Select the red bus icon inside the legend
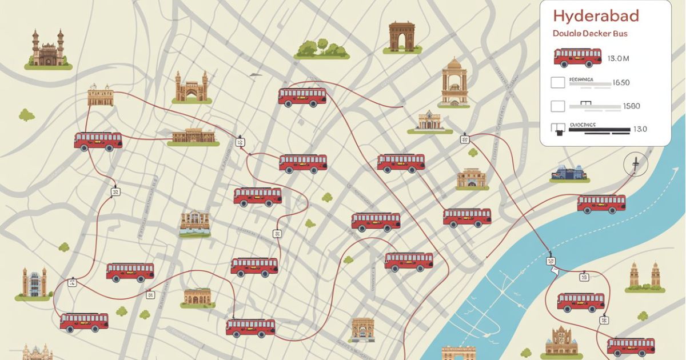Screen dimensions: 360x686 pyautogui.click(x=577, y=57)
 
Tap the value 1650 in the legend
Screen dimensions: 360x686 pyautogui.click(x=621, y=83)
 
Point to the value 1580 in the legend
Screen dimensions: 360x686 pyautogui.click(x=631, y=106)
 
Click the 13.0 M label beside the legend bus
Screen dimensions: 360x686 pyautogui.click(x=618, y=58)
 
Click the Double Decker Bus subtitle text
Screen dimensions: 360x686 pyautogui.click(x=590, y=34)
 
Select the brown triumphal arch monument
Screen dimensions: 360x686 pyautogui.click(x=401, y=37)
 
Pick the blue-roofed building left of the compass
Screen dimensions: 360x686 pyautogui.click(x=569, y=173)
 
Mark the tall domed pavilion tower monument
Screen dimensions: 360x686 pyautogui.click(x=454, y=82)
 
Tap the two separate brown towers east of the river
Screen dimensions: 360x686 pyautogui.click(x=644, y=277)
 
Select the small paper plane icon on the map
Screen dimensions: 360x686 pyautogui.click(x=256, y=74)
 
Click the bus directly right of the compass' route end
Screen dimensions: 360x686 pyautogui.click(x=601, y=203)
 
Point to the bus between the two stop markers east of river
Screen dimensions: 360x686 pyautogui.click(x=580, y=302)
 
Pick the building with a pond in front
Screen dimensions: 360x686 pyautogui.click(x=195, y=224)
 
